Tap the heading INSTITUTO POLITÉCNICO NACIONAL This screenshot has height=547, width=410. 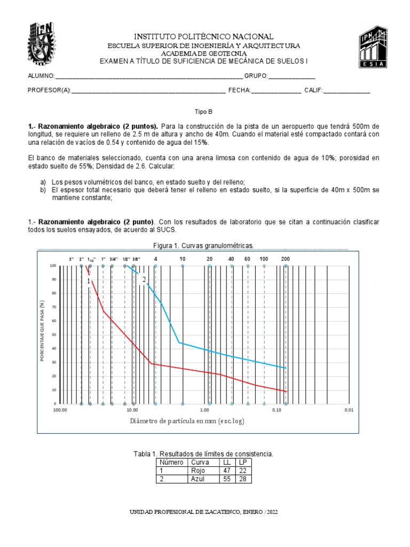coord(204,36)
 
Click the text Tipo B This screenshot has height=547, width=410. coord(204,112)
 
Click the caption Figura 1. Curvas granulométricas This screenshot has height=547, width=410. coord(203,245)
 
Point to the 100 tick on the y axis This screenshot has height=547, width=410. coord(53,265)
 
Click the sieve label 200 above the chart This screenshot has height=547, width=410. coord(286,259)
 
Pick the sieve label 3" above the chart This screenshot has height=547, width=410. coord(72,259)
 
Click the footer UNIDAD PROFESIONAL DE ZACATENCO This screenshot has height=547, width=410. coord(204,512)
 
